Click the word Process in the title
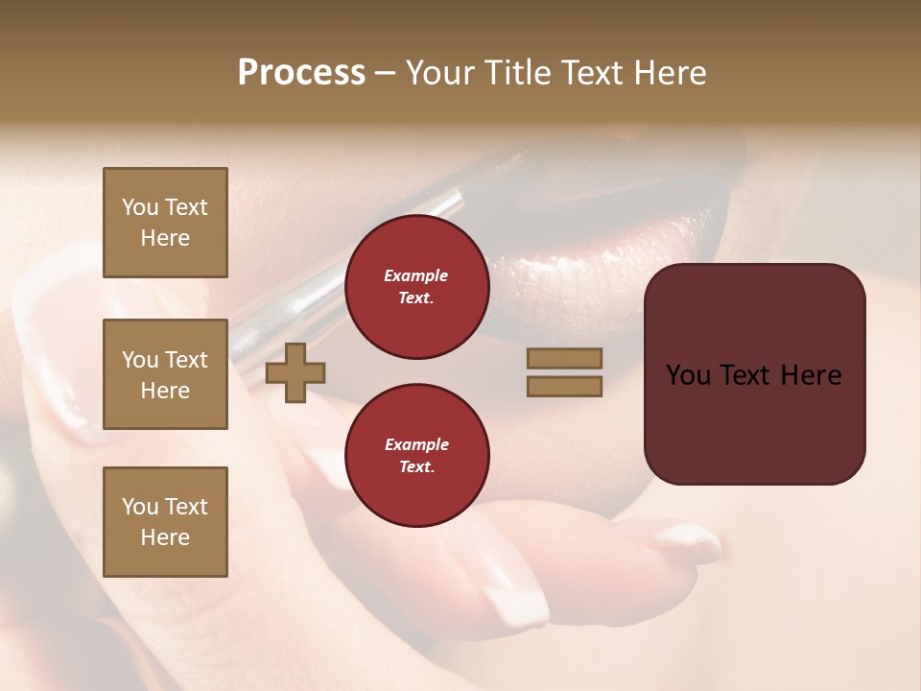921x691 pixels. point(301,72)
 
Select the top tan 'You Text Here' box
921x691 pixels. point(165,223)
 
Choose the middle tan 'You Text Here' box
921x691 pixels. point(165,374)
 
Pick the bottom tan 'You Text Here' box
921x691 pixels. point(165,521)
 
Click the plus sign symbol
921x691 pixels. point(295,372)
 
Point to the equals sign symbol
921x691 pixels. point(564,372)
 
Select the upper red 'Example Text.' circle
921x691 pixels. point(416,287)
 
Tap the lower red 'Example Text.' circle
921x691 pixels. point(416,456)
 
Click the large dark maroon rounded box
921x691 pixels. point(754,373)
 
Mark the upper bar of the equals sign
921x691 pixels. point(564,359)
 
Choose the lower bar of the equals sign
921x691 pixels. point(564,386)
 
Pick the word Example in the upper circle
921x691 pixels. point(416,275)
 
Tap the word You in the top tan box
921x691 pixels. point(140,207)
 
